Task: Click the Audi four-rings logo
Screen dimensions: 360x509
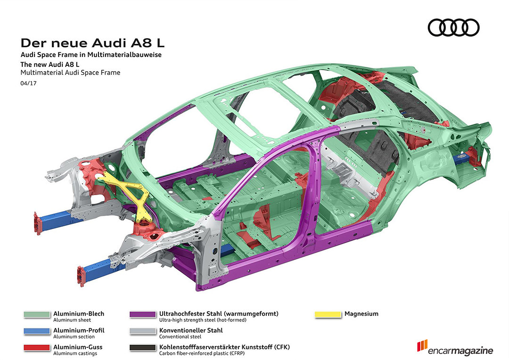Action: [x=453, y=28]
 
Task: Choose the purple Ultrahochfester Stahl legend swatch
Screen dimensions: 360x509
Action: [x=143, y=314]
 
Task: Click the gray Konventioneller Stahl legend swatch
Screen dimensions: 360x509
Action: [x=143, y=331]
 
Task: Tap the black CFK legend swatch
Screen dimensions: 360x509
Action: [x=143, y=348]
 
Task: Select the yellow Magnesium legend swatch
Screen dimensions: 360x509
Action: [x=328, y=314]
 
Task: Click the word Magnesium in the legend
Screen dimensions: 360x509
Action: [x=361, y=314]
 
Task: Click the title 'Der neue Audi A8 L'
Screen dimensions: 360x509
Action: [x=92, y=43]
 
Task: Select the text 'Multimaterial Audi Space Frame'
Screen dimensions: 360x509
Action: [x=70, y=73]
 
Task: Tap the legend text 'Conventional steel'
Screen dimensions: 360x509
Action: [x=180, y=336]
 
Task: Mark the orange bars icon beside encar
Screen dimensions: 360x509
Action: [x=422, y=345]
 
